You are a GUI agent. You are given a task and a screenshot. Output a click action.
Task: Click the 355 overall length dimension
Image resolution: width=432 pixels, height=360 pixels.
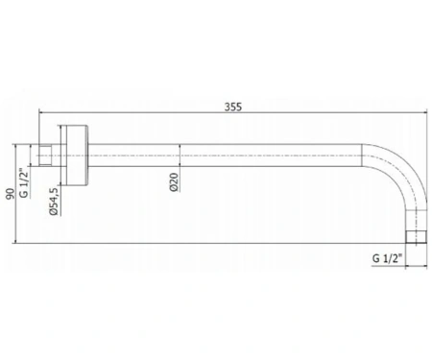[233, 107]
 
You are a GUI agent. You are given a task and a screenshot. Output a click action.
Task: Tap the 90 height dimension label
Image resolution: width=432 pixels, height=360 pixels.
[11, 194]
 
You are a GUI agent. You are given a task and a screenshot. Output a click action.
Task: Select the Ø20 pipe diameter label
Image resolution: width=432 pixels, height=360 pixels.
[174, 182]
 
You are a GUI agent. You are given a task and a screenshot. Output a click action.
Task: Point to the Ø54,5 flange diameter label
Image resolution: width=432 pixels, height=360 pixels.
[54, 202]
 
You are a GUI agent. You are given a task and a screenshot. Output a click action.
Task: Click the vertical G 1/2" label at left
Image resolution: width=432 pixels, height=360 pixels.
[24, 183]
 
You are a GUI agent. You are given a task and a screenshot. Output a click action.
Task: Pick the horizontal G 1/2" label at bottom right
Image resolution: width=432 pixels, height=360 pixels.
[387, 258]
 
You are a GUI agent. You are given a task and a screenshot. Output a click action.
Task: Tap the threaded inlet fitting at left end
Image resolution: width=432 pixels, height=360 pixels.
[45, 156]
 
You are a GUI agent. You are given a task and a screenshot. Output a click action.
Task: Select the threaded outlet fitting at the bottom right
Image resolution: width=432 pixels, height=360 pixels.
[416, 237]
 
